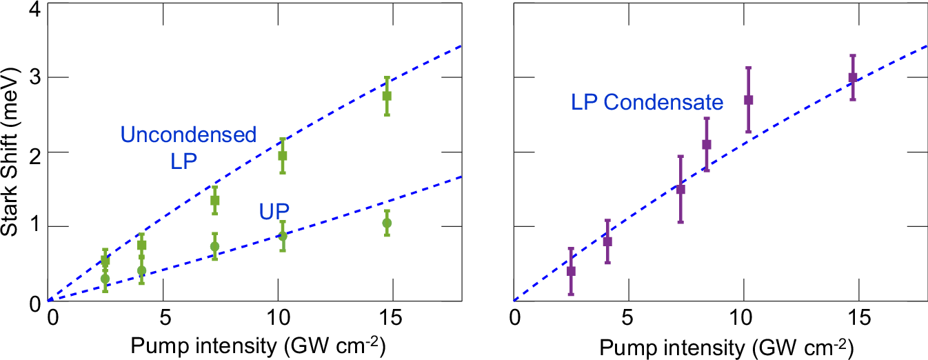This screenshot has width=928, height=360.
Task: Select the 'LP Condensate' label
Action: click(x=647, y=103)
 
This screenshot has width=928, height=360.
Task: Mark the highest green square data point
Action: click(x=387, y=96)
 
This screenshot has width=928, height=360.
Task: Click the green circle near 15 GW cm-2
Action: click(x=387, y=223)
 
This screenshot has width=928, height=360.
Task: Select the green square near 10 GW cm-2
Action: click(x=282, y=156)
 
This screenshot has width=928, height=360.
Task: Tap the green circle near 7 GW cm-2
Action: click(x=214, y=246)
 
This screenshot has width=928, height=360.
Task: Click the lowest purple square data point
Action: click(x=571, y=271)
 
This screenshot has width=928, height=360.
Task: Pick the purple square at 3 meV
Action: click(x=852, y=77)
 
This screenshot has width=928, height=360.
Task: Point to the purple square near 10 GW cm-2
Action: click(x=748, y=100)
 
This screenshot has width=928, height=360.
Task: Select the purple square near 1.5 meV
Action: click(x=680, y=189)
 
